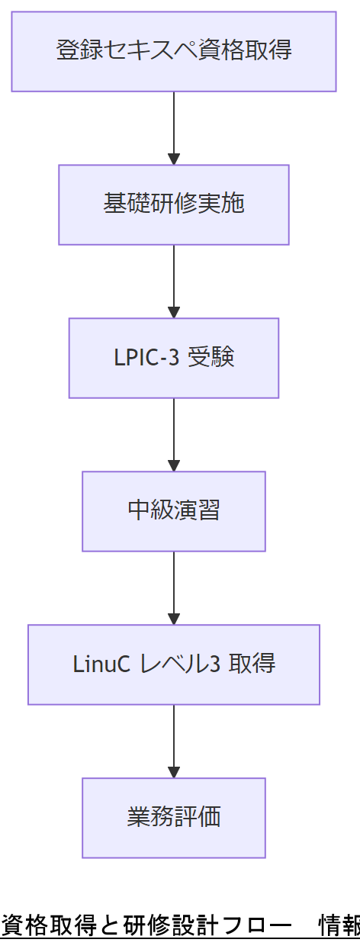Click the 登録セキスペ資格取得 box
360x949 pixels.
tap(174, 51)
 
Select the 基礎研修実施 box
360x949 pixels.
tap(174, 204)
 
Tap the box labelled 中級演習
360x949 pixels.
tap(174, 510)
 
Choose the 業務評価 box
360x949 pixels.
tap(174, 817)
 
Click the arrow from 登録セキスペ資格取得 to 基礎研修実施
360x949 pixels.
tap(174, 126)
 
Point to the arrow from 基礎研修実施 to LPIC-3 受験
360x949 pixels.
tap(174, 279)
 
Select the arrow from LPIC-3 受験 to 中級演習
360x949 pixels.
tap(174, 433)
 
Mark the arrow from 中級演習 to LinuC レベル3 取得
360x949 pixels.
tap(174, 586)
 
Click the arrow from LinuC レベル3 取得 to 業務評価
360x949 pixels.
tap(174, 739)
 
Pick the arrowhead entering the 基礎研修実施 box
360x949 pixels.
tap(174, 159)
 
